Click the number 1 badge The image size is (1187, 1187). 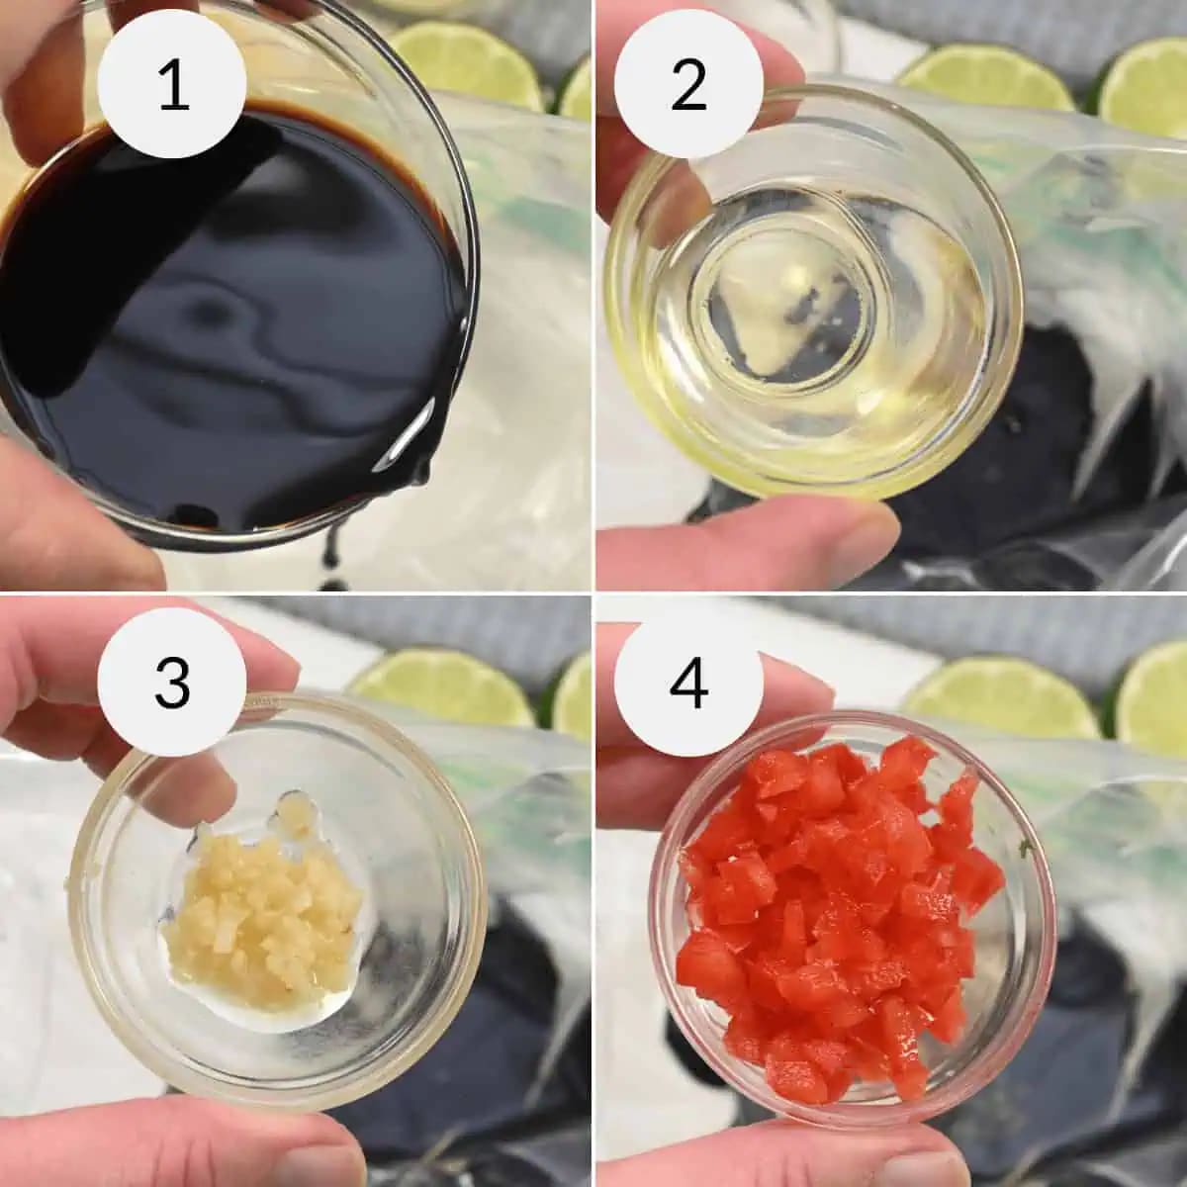coord(172,86)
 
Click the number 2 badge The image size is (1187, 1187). coord(688,86)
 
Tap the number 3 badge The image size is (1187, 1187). coord(172,683)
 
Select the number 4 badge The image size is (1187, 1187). coord(688,683)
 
